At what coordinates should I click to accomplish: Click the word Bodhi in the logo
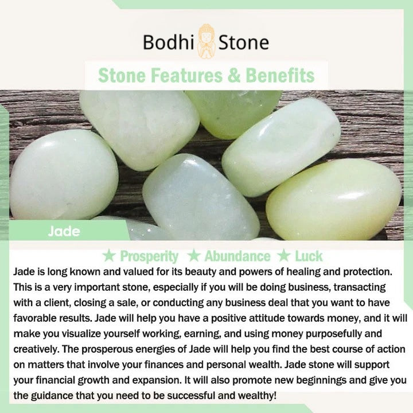click(x=169, y=42)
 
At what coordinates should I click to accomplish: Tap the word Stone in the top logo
click(x=244, y=42)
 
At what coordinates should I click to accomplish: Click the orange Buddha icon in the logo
click(x=206, y=41)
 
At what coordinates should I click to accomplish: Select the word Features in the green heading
click(x=187, y=76)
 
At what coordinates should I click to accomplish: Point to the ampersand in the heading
click(x=234, y=76)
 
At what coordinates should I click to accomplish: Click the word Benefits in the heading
click(x=280, y=76)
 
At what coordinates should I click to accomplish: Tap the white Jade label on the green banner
click(x=64, y=231)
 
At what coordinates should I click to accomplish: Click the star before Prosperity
click(x=109, y=255)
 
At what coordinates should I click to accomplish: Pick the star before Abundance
click(x=194, y=255)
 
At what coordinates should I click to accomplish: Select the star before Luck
click(x=284, y=255)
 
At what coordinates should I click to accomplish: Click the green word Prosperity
click(x=149, y=256)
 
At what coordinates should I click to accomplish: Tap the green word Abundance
click(x=237, y=256)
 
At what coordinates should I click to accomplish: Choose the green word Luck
click(x=309, y=256)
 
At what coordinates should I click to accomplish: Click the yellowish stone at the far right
click(x=334, y=200)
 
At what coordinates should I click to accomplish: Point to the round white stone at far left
click(x=64, y=175)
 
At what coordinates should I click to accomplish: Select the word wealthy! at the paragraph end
click(x=258, y=396)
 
